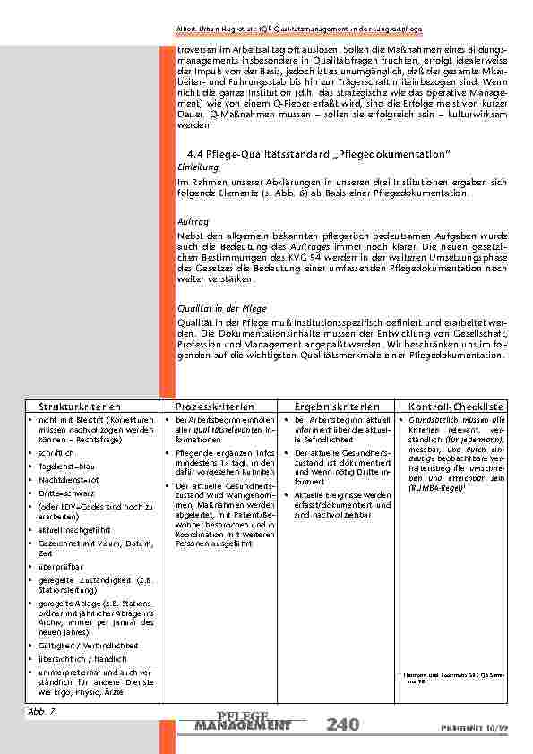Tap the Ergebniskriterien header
[331, 407]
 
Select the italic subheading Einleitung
[195, 167]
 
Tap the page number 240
[343, 724]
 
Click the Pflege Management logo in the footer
[242, 721]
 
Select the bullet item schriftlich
[55, 454]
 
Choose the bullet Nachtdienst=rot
[66, 481]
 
